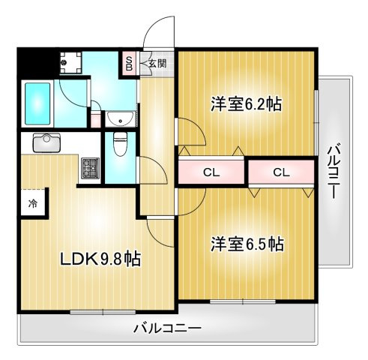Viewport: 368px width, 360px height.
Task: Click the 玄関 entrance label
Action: pos(157,64)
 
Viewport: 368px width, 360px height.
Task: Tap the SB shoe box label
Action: pos(129,64)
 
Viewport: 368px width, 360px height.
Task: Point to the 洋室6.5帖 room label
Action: pos(247,244)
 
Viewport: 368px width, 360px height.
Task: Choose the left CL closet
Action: pos(212,172)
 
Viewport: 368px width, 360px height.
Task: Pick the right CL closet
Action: pos(281,172)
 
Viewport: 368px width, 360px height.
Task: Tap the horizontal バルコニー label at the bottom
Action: pos(168,328)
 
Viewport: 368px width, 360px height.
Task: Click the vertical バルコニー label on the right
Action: pos(333,170)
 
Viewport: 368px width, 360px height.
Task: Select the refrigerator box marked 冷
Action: pos(34,203)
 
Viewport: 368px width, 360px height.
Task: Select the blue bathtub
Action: pos(37,104)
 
